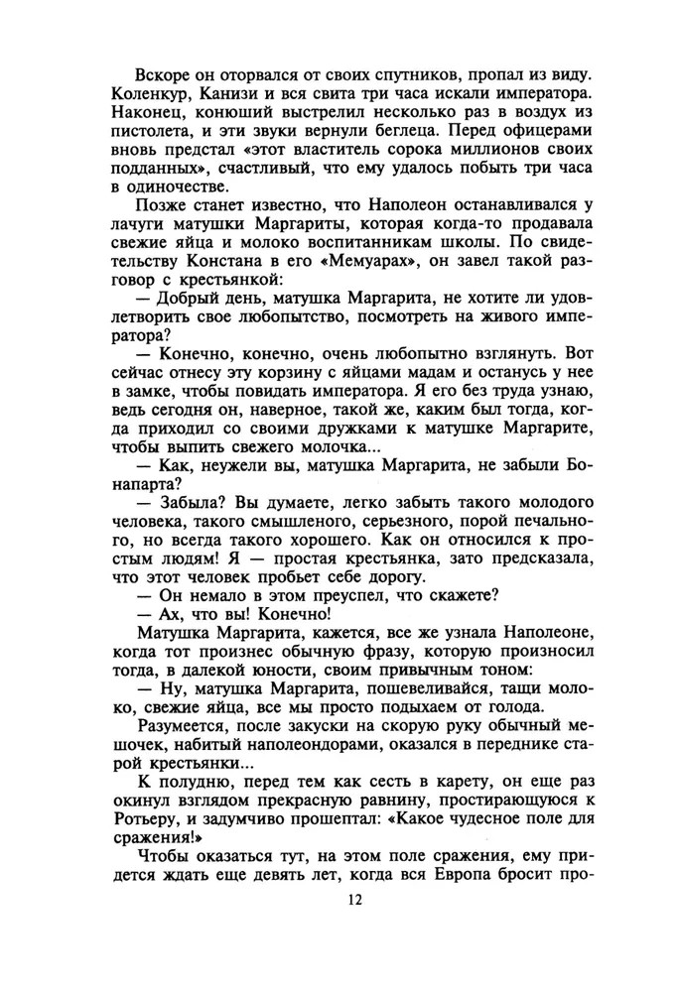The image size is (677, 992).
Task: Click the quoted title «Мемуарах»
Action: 337,266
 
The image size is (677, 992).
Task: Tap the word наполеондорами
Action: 309,749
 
